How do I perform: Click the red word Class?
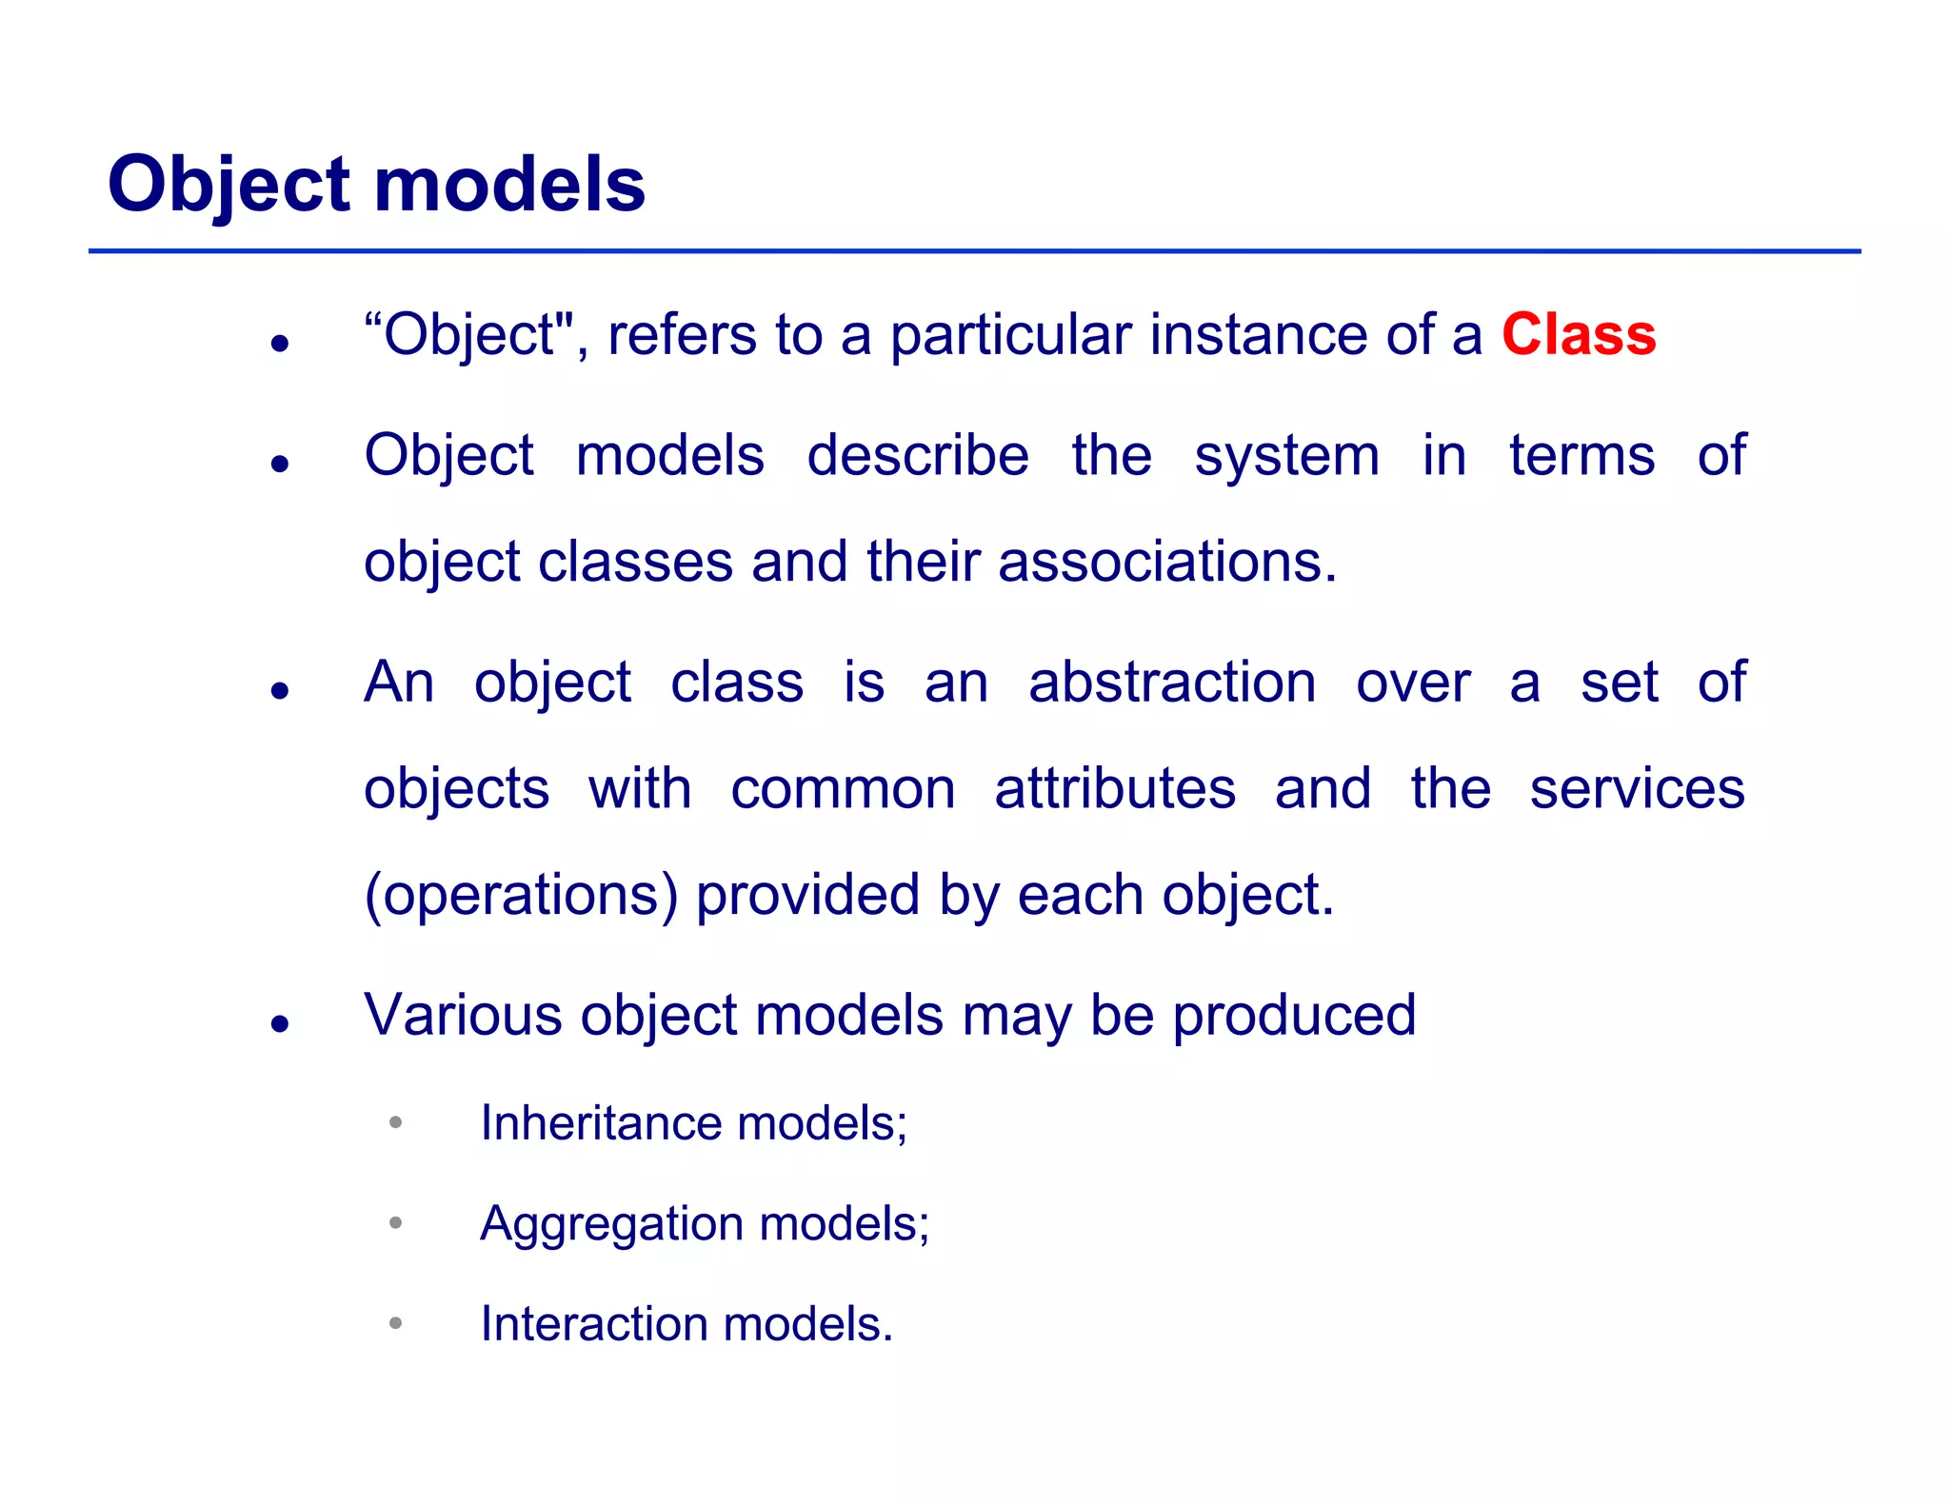coord(1579,335)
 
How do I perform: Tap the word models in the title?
coord(509,184)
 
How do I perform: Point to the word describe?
coord(917,456)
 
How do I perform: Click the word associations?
coord(1166,562)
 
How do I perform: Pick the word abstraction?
coord(1172,683)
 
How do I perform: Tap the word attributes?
coord(1115,789)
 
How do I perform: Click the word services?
coord(1637,789)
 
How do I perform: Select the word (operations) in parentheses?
coord(521,896)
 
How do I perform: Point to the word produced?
coord(1294,1015)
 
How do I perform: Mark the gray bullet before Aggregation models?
coord(396,1222)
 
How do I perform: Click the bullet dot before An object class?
coord(279,690)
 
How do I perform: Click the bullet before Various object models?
coord(279,1023)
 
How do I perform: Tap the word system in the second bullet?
coord(1286,456)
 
